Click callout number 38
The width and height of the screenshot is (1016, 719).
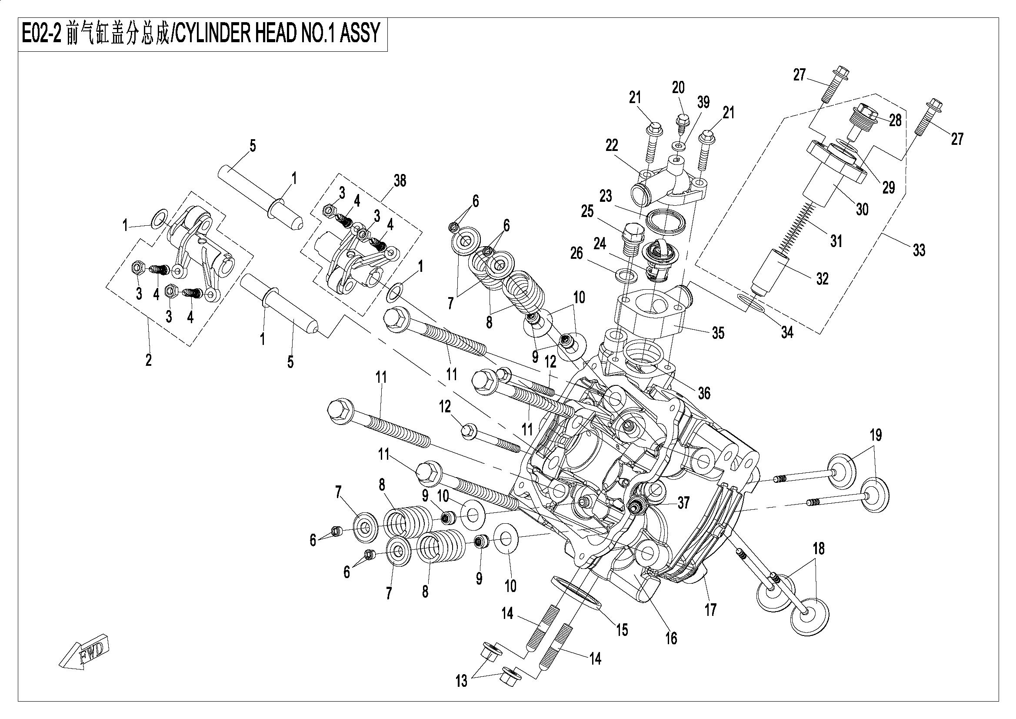pyautogui.click(x=400, y=181)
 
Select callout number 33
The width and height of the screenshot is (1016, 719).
pyautogui.click(x=919, y=250)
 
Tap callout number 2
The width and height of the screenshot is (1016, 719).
pyautogui.click(x=149, y=360)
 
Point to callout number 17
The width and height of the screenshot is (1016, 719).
pyautogui.click(x=710, y=610)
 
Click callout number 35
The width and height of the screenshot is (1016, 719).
pyautogui.click(x=718, y=333)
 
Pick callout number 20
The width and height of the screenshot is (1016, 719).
pyautogui.click(x=678, y=88)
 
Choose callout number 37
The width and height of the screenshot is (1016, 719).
pyautogui.click(x=684, y=503)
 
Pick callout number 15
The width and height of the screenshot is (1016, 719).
pyautogui.click(x=622, y=629)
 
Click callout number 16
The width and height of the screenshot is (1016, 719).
pyautogui.click(x=671, y=639)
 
